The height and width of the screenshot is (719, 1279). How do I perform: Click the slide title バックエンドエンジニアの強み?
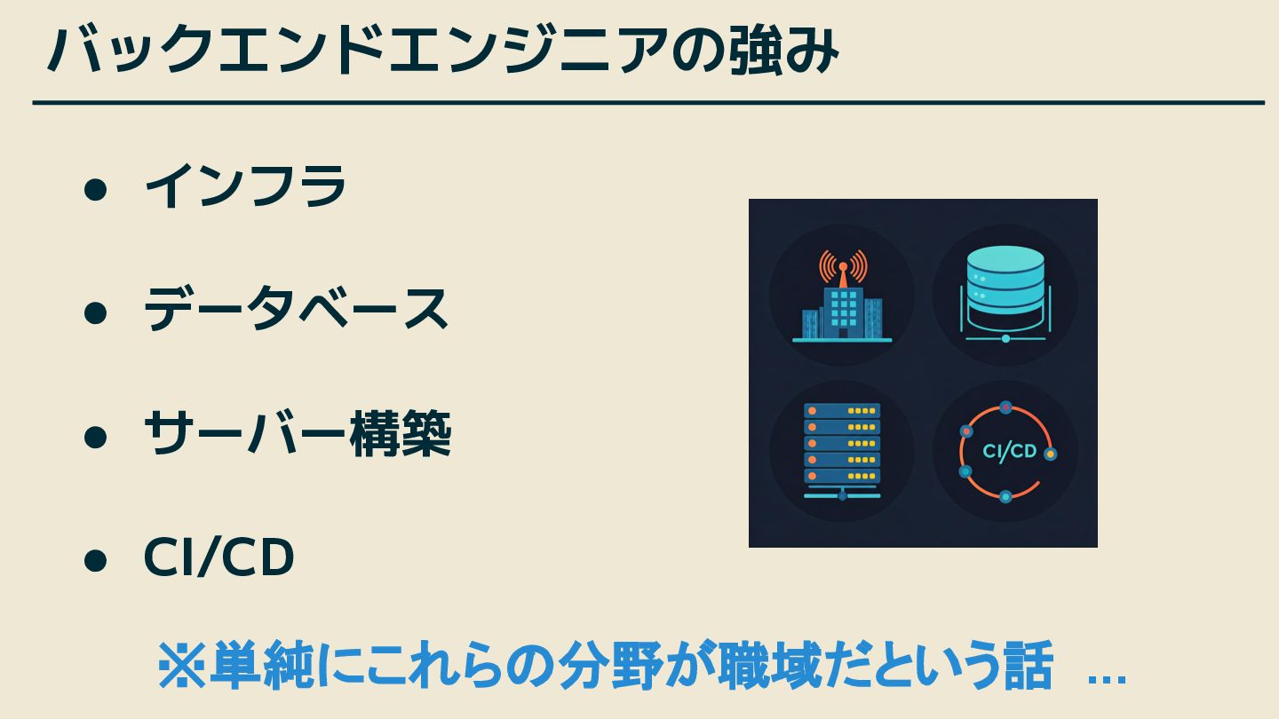coord(441,51)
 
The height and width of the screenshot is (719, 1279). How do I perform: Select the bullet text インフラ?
coord(245,187)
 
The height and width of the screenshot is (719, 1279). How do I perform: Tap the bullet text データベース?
coord(296,310)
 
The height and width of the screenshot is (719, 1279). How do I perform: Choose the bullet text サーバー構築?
coord(297,434)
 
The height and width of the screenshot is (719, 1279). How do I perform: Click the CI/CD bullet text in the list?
coord(218,558)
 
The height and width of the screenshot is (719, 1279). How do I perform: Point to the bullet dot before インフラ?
coord(95,189)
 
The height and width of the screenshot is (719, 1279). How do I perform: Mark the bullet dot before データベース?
coord(95,312)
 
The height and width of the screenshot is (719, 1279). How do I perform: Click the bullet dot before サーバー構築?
coord(95,437)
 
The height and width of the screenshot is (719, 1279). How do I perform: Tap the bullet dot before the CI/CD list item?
coord(95,560)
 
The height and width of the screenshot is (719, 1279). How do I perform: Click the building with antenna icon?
coord(842,306)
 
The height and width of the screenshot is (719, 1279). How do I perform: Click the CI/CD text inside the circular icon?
coord(1009,452)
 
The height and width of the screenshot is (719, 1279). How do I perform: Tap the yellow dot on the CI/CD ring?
coord(1050,454)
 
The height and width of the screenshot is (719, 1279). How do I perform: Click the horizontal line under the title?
coord(648,103)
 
